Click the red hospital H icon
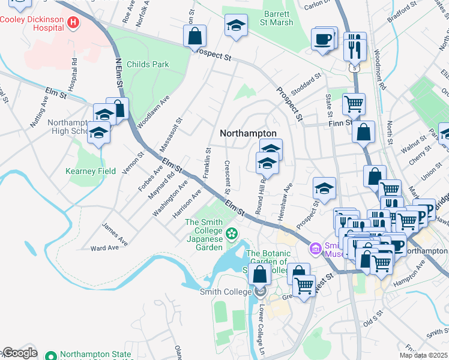73,23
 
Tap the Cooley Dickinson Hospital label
32,23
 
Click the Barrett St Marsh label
279,18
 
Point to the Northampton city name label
248,133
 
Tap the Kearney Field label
90,171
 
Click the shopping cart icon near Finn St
354,104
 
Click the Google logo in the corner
20,353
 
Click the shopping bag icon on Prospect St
195,36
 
